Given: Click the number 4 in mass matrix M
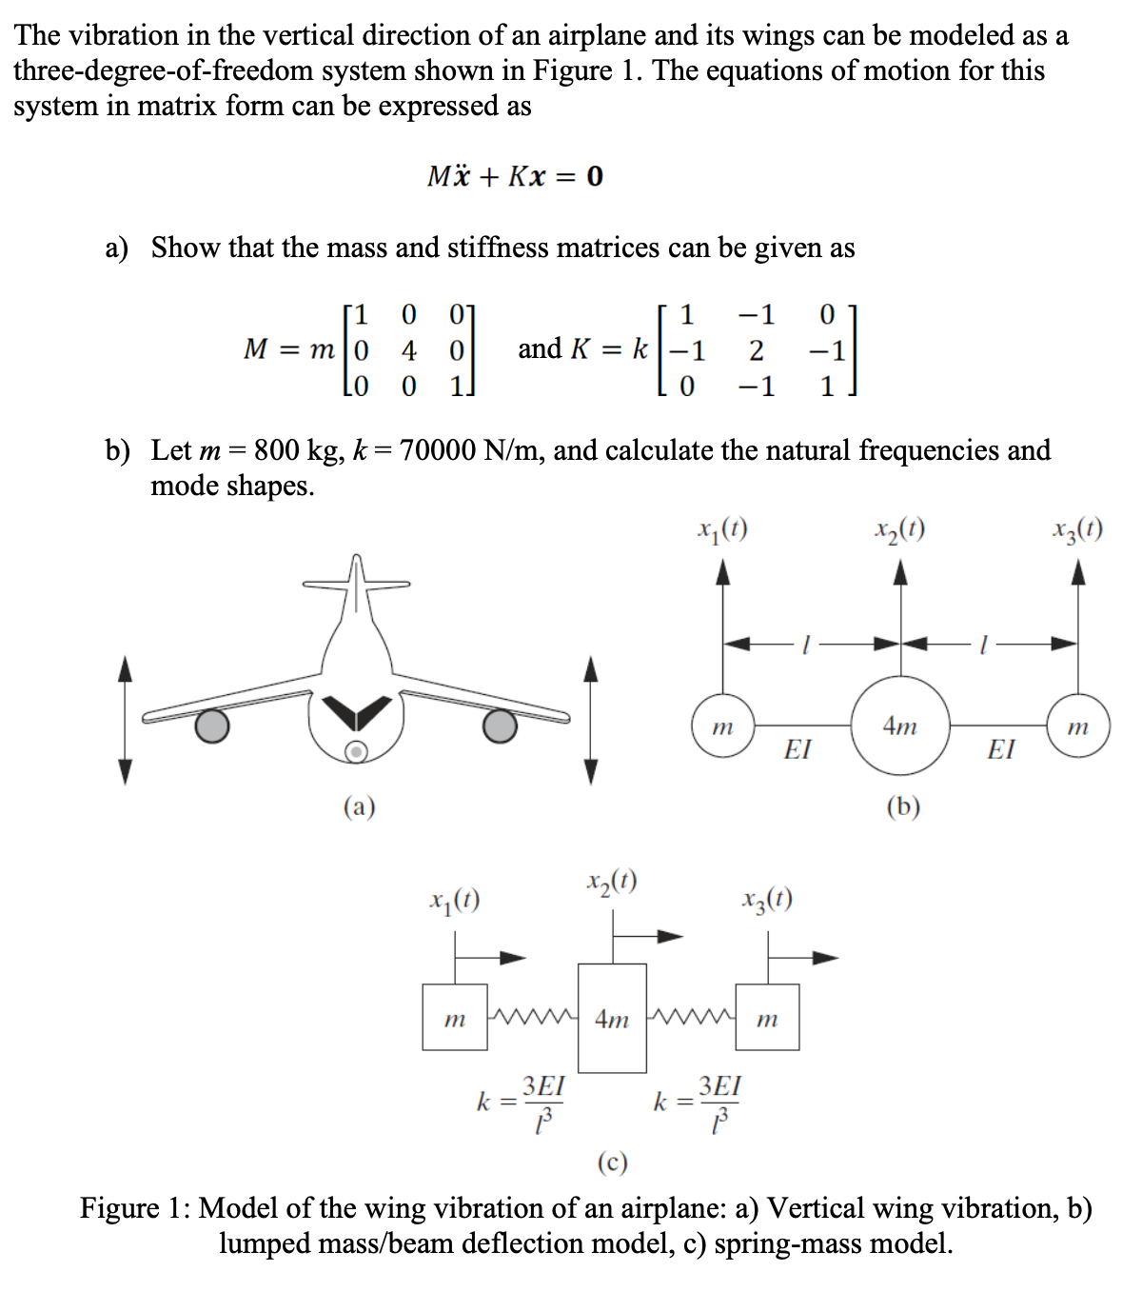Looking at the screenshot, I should pos(408,350).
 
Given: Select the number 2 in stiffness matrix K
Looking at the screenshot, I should pos(756,350).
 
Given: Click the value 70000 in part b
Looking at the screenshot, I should pos(438,449).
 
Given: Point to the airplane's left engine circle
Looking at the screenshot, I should pos(212,726).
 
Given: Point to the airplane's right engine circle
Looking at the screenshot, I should pos(500,726).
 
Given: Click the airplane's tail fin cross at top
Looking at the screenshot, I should pos(355,581).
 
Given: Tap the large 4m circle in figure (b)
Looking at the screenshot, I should pos(900,726).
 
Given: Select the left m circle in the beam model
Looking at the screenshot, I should pos(723,727).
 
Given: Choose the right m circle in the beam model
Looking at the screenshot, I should pos(1077,727).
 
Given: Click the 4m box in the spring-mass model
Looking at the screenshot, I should pos(612,1019).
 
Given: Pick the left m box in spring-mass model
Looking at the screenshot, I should pos(455,1018).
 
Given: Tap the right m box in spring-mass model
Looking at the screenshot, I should pos(767,1018).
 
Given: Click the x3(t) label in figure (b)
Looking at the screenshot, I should pos(1077,528).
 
